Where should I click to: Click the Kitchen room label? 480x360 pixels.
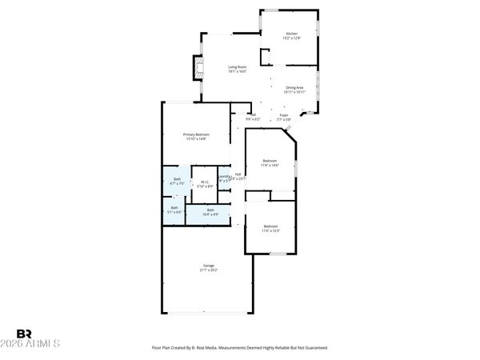pos(291,34)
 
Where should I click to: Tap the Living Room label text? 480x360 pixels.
pos(237,67)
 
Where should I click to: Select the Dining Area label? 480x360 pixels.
pos(294,87)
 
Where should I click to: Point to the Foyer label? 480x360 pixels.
pos(283,115)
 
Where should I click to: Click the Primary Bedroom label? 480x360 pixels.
pos(195,134)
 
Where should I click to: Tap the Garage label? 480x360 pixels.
pos(208,266)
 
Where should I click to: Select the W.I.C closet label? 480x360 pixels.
pos(205,182)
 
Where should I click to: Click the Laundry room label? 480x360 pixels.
pos(225,177)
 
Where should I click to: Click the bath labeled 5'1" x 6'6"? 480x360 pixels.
pos(174,208)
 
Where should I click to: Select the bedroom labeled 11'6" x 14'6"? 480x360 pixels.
pos(270,162)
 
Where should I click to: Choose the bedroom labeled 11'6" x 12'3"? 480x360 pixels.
pos(270,226)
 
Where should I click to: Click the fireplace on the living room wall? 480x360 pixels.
pos(194,69)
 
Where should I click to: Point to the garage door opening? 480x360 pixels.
pos(208,312)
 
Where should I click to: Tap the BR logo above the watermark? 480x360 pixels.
pos(24,334)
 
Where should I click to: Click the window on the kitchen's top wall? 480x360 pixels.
pos(290,10)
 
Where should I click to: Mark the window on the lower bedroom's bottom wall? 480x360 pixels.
pos(277,254)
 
